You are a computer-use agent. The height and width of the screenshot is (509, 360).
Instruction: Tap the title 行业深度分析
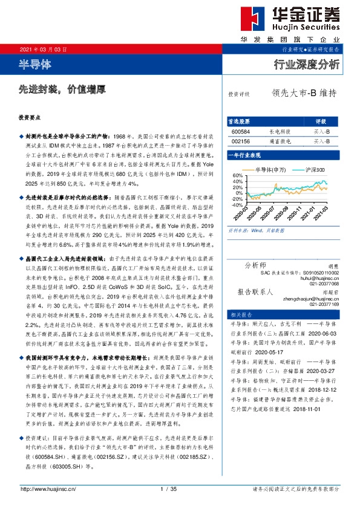[307, 64]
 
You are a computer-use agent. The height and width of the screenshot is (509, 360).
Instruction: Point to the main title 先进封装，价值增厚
[62, 88]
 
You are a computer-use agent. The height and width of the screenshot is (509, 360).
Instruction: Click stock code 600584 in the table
[240, 131]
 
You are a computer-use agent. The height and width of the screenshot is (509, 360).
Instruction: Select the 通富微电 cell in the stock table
[278, 140]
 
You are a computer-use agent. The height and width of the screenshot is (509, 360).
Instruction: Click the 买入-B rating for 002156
[321, 140]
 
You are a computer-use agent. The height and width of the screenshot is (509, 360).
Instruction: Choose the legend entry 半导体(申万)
[270, 170]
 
